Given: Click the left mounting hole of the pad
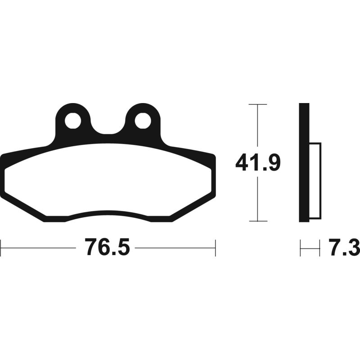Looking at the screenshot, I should (72, 121).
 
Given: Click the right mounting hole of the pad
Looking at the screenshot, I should (143, 121).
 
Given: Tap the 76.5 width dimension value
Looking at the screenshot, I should (107, 247).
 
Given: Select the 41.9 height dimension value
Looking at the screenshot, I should (258, 163).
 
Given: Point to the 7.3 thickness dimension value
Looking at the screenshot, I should (344, 247).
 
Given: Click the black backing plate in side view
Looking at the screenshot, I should (304, 162).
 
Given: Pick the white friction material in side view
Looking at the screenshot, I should (315, 180).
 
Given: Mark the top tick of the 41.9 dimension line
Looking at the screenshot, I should (257, 104).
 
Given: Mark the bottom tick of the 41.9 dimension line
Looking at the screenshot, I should (257, 221).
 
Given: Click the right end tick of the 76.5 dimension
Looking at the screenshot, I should (216, 247).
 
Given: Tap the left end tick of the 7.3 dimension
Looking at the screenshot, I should (300, 247).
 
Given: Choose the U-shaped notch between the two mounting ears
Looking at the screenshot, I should (108, 128).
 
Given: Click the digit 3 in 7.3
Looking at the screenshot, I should (353, 247).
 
